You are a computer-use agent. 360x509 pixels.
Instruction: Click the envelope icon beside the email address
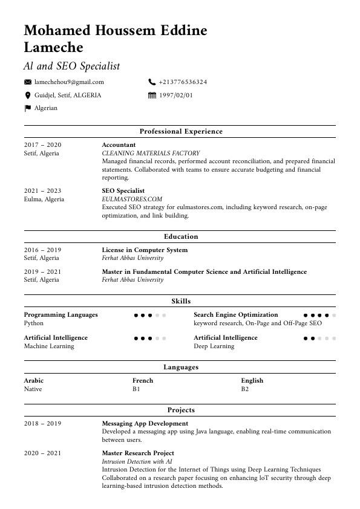coord(27,82)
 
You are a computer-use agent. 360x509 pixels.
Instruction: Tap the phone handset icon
coord(152,82)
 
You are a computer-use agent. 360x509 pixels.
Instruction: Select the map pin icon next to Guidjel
coord(27,96)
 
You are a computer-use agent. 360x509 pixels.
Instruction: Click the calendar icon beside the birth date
coord(152,96)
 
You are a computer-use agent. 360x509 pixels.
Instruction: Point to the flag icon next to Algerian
coord(27,108)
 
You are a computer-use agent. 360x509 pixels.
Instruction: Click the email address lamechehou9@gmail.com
coord(69,82)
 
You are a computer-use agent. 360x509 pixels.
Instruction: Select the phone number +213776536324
coord(183,82)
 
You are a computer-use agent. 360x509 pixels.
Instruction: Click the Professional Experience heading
coord(181,131)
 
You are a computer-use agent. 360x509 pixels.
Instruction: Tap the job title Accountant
coord(119,145)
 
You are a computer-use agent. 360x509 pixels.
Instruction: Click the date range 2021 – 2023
coord(42,191)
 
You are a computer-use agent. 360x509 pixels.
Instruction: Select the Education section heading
coord(181,237)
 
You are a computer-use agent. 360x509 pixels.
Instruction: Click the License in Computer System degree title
coord(145,250)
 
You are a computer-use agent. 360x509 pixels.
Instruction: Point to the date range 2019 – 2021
coord(42,272)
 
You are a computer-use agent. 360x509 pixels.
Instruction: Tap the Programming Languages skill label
coord(61,315)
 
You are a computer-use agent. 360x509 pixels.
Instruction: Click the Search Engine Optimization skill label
coord(235,315)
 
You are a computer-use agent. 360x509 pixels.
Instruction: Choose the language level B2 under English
coord(245,389)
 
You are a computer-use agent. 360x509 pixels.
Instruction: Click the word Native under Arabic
coord(33,389)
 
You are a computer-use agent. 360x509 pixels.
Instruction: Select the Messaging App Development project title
coord(145,424)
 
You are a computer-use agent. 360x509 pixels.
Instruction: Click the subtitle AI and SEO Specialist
coord(71,66)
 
